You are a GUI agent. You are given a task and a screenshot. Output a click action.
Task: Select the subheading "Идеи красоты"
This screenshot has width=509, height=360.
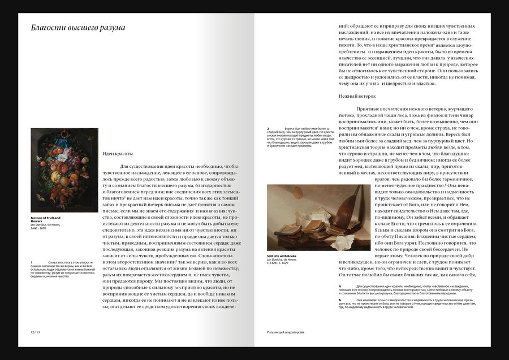(x=118, y=153)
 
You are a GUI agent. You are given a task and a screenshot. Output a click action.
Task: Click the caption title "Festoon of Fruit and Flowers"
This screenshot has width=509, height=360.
(x=46, y=219)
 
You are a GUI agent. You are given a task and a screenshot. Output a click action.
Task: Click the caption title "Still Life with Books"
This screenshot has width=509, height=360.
(x=282, y=256)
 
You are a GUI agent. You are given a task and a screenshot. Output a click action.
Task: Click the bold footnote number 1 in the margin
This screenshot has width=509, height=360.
(x=32, y=262)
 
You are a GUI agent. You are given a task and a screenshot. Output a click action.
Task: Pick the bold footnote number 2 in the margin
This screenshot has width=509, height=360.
(x=268, y=128)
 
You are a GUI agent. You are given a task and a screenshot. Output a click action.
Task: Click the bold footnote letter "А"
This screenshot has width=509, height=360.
(x=340, y=287)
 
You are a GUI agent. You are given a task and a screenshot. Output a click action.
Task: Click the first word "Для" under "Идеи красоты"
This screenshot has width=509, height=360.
(x=126, y=166)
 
